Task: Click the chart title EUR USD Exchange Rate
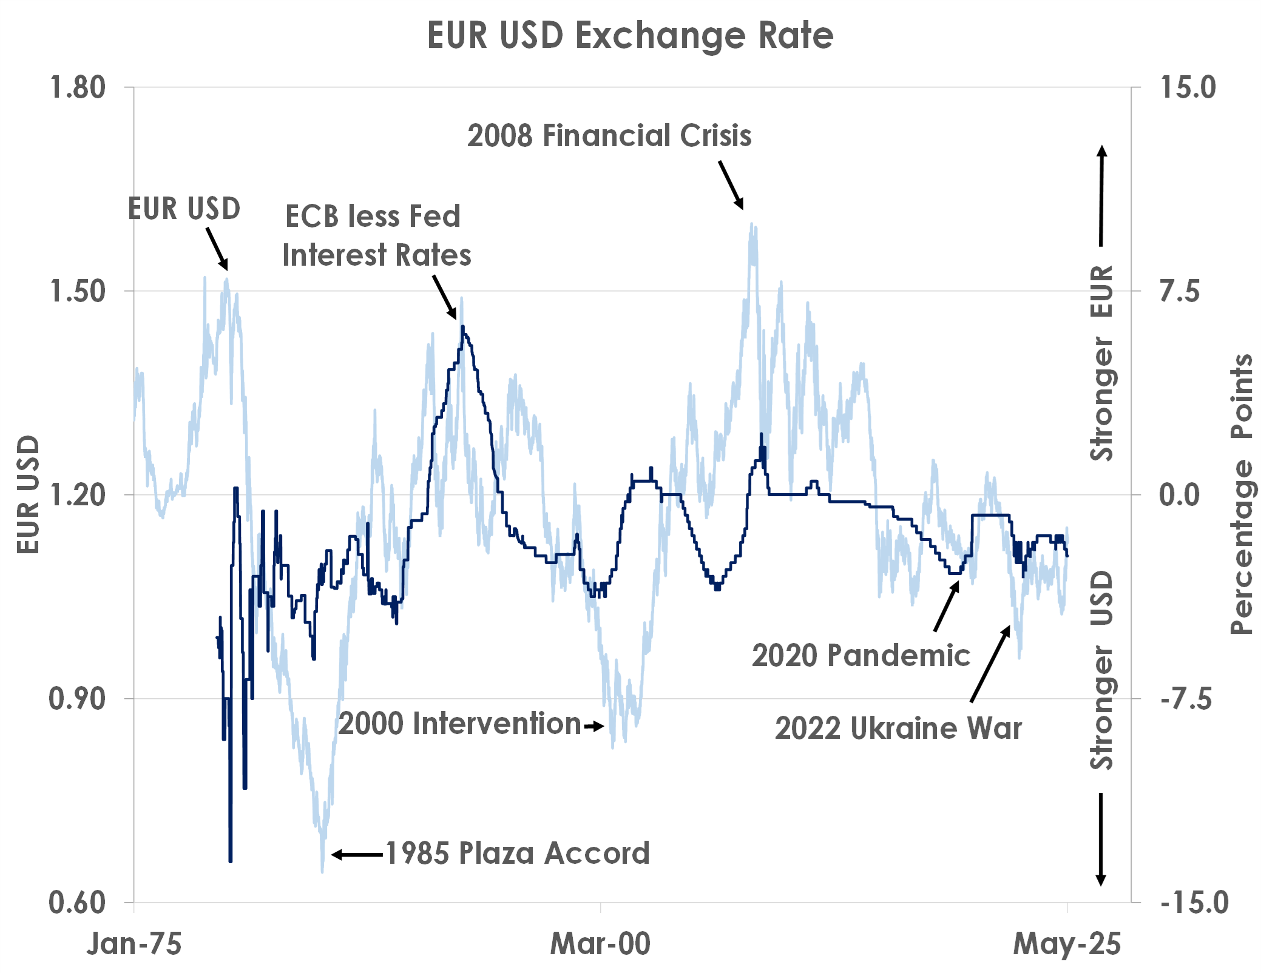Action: (x=630, y=35)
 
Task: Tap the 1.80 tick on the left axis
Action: (x=78, y=87)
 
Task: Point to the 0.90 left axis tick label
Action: (x=78, y=699)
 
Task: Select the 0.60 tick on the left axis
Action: (x=78, y=903)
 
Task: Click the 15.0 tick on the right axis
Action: (x=1188, y=87)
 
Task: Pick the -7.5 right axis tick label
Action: (x=1186, y=699)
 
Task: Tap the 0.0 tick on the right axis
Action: (x=1180, y=495)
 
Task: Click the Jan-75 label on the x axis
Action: (x=134, y=944)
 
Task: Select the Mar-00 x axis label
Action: (x=600, y=944)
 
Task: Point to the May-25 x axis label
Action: (x=1067, y=944)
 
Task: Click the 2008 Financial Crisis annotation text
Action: (x=609, y=135)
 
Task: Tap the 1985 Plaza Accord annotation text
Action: (x=518, y=853)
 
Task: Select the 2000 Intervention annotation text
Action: (x=460, y=724)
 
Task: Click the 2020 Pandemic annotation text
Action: (x=861, y=655)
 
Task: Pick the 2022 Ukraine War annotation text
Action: (x=898, y=728)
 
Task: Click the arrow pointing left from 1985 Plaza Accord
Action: (x=357, y=855)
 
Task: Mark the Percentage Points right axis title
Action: (x=1242, y=494)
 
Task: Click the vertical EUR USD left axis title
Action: (x=28, y=494)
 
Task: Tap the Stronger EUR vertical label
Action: (x=1102, y=363)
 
